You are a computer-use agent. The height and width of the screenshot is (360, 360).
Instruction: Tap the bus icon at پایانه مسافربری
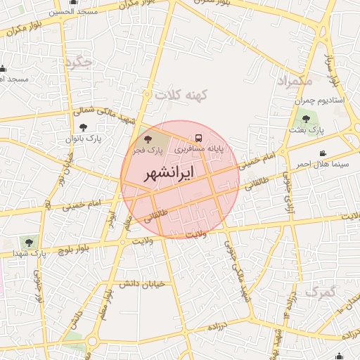[198, 139]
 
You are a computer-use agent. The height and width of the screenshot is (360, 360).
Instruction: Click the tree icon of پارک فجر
[148, 139]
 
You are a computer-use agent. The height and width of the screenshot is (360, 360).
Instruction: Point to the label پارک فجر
[149, 150]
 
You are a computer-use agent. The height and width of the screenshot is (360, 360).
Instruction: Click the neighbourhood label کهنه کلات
[179, 94]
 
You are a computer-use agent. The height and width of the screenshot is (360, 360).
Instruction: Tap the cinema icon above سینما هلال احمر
[323, 153]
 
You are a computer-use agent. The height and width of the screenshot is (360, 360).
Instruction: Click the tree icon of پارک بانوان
[84, 127]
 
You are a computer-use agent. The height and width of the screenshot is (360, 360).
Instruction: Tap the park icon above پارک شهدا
[29, 241]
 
